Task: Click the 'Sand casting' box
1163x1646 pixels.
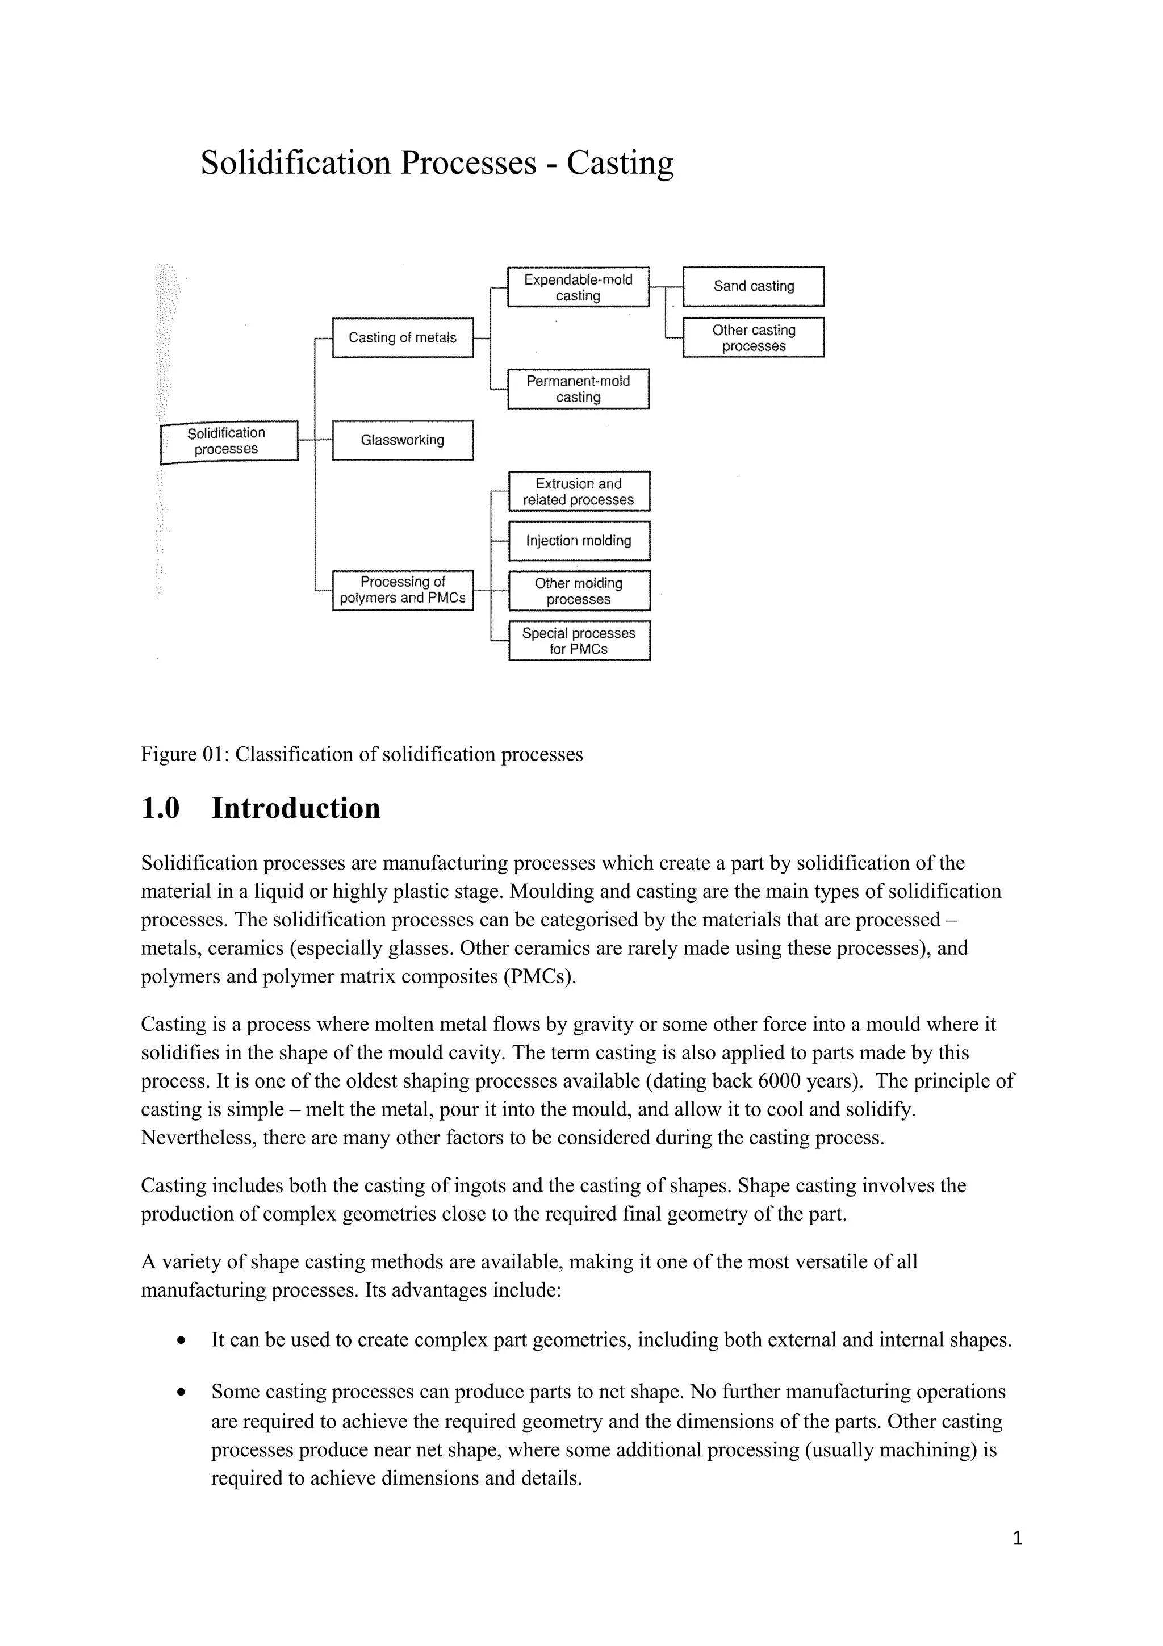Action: tap(753, 286)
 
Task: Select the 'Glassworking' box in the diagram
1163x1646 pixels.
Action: tap(403, 440)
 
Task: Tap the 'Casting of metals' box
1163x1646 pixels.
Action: tap(403, 337)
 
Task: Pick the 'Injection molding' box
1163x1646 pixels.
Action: tap(579, 541)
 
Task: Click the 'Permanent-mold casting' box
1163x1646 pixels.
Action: tap(578, 388)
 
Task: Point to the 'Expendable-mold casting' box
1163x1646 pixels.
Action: tap(578, 287)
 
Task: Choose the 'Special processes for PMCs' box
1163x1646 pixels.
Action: tap(579, 641)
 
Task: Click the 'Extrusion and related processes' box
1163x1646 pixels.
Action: tap(579, 491)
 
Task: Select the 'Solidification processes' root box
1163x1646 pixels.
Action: tap(228, 441)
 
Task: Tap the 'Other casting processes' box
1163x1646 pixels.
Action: tap(753, 337)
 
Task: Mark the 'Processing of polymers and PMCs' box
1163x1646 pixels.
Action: tap(403, 590)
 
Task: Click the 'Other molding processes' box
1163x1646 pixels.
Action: tap(579, 591)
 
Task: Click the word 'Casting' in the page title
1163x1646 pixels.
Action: tap(620, 163)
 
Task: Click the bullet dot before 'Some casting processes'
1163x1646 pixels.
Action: tap(183, 1392)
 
